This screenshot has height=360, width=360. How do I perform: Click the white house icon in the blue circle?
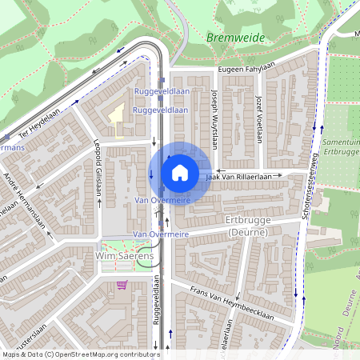180,173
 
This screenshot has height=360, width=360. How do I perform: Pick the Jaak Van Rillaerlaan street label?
245,175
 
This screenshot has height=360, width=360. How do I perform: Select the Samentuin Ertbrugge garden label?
341,146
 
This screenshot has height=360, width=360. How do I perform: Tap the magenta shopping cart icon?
122,284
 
